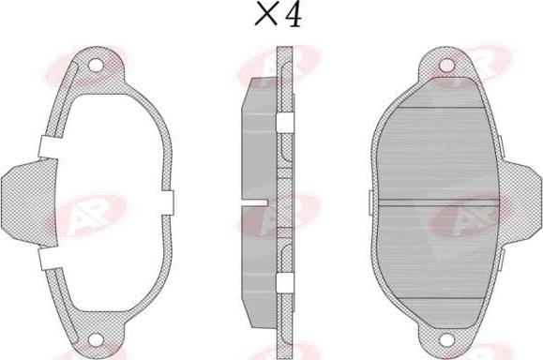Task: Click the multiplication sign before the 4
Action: tap(265, 16)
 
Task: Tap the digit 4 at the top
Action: tap(293, 15)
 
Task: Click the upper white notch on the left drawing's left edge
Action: tap(47, 148)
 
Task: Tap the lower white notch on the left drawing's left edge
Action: tap(47, 255)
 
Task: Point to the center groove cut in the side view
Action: tap(255, 202)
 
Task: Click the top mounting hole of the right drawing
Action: tap(447, 66)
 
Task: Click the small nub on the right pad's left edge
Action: tap(371, 202)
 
